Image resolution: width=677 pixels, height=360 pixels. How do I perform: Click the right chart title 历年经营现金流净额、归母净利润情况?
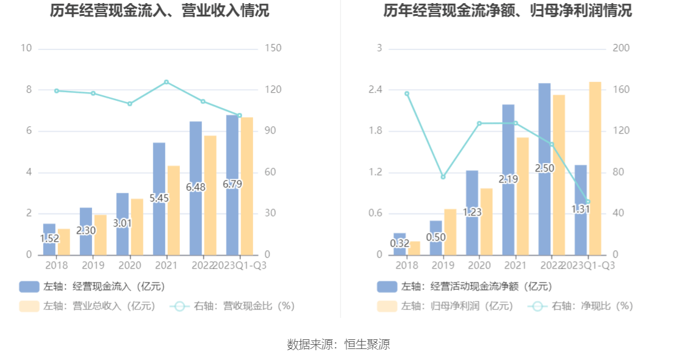pos(507,11)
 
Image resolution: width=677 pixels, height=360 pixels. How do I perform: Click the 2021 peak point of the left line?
pos(167,82)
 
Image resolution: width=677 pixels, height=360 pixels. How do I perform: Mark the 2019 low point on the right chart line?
pos(443,177)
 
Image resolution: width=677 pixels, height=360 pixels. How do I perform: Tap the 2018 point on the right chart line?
pos(407,93)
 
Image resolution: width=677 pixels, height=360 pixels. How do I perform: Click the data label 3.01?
pos(123,223)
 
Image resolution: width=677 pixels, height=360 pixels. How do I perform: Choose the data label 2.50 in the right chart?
pos(545,168)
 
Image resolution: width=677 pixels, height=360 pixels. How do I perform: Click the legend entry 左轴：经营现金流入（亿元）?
pos(92,286)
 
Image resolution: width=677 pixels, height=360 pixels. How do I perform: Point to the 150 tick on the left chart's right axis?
pos(273,48)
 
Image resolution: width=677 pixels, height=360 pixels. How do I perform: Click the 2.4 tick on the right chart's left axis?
pos(375,90)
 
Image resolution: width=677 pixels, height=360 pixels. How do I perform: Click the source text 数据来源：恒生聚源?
pos(338,345)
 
